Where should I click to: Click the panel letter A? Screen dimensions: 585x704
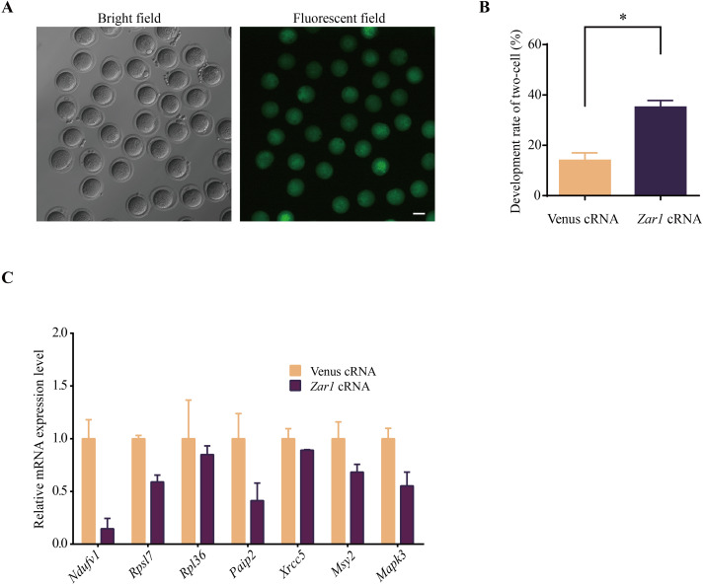[x=9, y=7]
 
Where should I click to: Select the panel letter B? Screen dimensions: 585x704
[x=484, y=7]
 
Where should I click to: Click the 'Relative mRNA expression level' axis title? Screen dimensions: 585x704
[x=39, y=437]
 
